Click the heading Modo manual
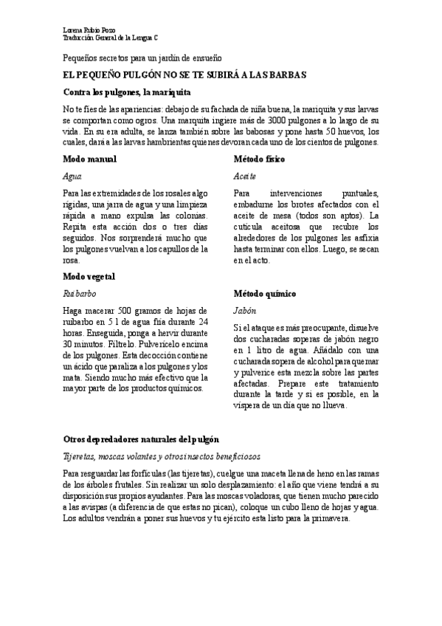pos(89,159)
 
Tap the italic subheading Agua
pos(72,177)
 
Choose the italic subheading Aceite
pos(244,177)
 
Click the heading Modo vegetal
pos(89,276)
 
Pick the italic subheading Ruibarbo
pos(80,293)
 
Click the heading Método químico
pos(265,293)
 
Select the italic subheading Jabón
pos(244,311)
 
